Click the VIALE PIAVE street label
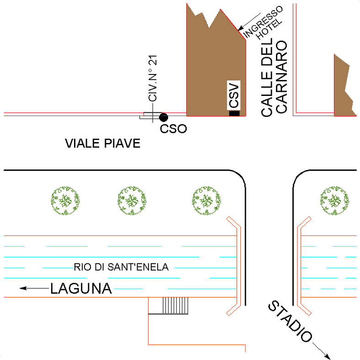(102, 144)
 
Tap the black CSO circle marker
(163, 117)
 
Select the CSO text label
(173, 129)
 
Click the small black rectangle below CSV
(234, 113)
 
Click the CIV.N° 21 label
(153, 79)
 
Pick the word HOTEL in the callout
(270, 29)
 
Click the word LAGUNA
(81, 289)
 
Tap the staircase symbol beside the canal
(176, 306)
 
